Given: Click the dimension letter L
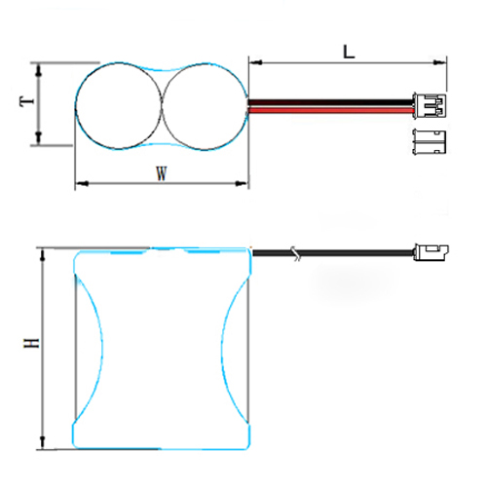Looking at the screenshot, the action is (x=349, y=52).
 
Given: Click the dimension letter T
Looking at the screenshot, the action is (x=27, y=100).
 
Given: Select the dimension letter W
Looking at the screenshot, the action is (x=162, y=173).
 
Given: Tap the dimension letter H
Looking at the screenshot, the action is (x=31, y=343).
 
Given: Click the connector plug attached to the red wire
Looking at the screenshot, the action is (x=430, y=106).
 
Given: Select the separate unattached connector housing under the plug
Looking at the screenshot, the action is (x=430, y=141).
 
